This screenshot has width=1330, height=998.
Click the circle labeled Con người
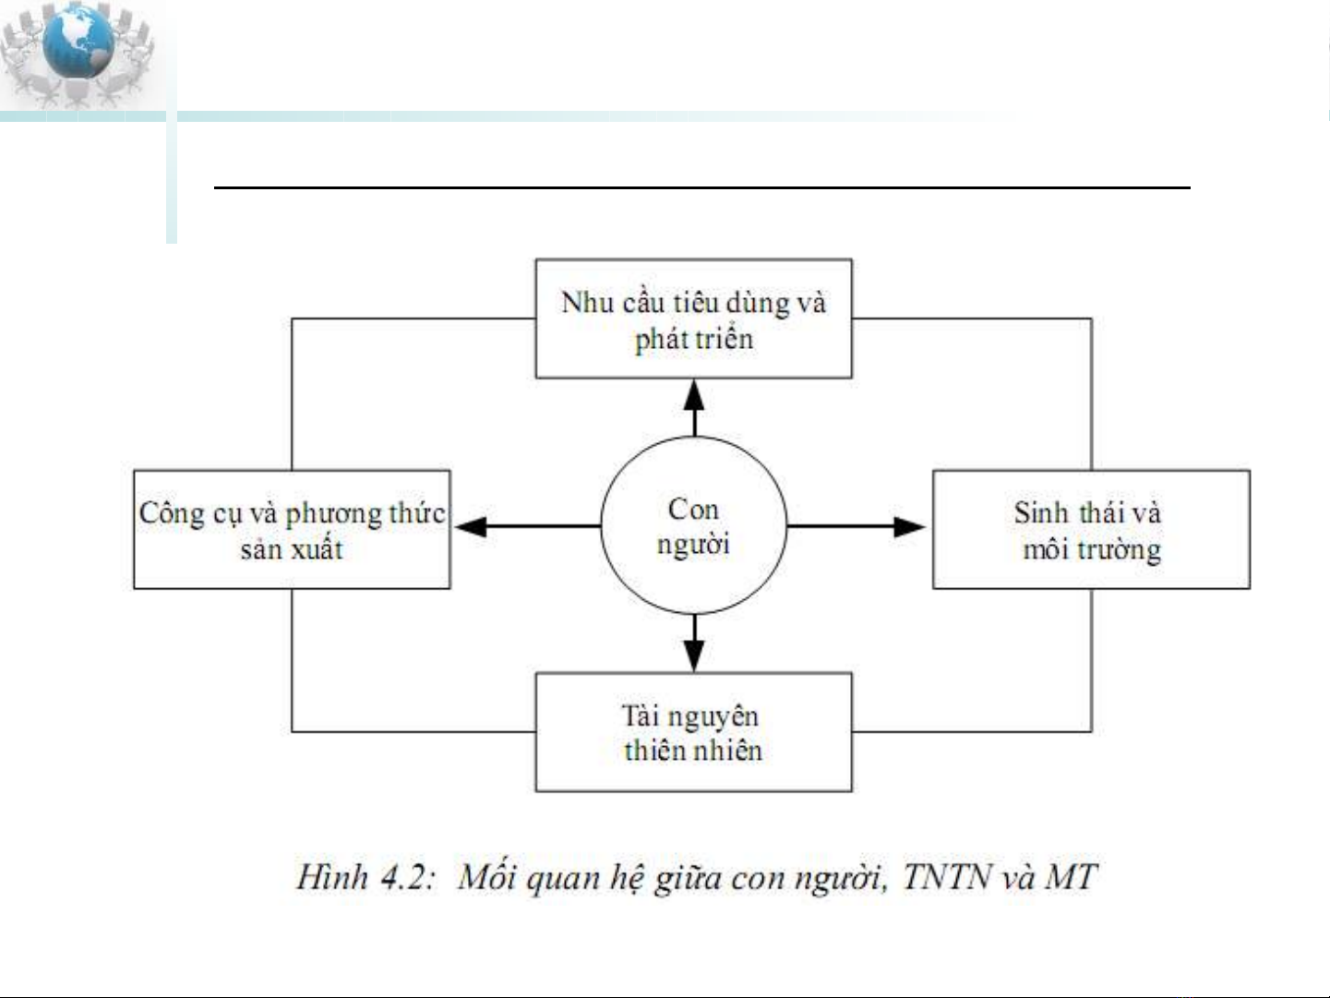tap(693, 526)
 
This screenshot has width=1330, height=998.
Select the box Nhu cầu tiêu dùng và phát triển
tap(693, 319)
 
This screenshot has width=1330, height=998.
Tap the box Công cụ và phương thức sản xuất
tap(292, 530)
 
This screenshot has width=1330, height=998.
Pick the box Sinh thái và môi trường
tap(1091, 530)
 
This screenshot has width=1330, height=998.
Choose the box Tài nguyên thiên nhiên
tap(693, 732)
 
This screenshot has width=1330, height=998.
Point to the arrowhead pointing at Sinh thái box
tap(909, 526)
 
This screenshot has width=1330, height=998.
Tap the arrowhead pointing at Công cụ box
tap(471, 526)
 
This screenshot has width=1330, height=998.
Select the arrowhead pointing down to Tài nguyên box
tap(694, 655)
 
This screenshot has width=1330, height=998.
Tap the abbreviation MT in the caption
tap(1071, 876)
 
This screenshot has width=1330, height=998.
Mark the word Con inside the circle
tap(693, 509)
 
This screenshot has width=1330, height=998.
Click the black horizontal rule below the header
tap(701, 187)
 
